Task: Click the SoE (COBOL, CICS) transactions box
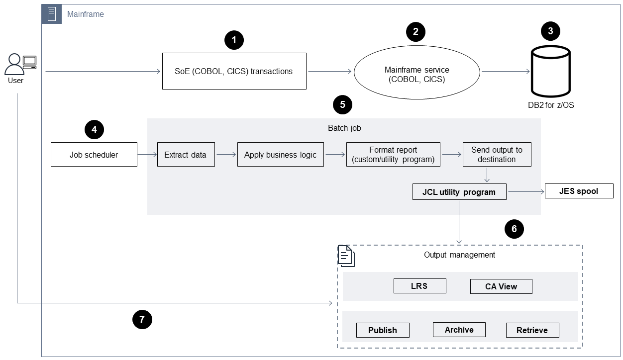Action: pos(234,71)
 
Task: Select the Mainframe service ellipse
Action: pos(416,74)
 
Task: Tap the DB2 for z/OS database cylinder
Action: pos(550,72)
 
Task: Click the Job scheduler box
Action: pos(94,155)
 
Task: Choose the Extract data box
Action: pos(186,155)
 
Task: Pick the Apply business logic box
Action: pos(280,155)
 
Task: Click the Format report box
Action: pos(393,155)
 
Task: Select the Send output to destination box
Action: pos(497,155)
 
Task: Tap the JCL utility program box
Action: pos(459,192)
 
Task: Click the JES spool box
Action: pos(579,191)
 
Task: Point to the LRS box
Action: pos(419,286)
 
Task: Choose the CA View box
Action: pos(501,286)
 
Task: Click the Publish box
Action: pos(383,330)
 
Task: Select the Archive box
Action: pos(459,330)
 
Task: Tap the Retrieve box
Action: pos(532,330)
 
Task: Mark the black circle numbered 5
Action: pos(342,105)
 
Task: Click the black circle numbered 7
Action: pos(142,319)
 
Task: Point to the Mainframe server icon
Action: pos(52,14)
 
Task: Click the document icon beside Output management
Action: pos(346,256)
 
